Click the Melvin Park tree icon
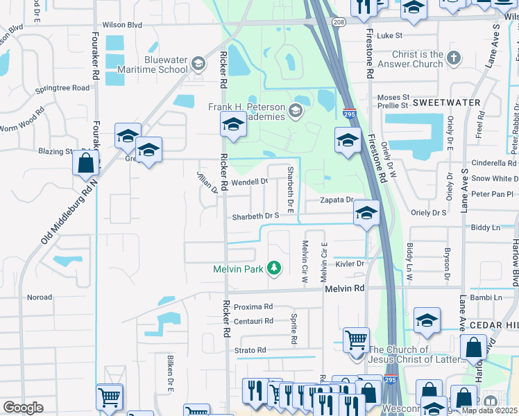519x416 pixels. [x=275, y=268]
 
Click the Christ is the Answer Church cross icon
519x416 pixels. [x=454, y=59]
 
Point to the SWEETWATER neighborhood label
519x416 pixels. [x=446, y=103]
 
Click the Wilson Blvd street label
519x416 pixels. [x=122, y=25]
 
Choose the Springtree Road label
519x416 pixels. [x=63, y=88]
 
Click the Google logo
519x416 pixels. [x=23, y=407]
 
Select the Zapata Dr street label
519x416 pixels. [x=337, y=200]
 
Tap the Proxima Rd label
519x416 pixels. [x=253, y=306]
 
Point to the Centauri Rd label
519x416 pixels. [x=253, y=321]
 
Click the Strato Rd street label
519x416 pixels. [x=250, y=350]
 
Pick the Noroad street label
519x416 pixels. [x=39, y=297]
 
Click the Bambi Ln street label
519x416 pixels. [x=486, y=297]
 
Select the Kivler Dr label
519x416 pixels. [x=350, y=263]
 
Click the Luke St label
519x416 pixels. [x=390, y=35]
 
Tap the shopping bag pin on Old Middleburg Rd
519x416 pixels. [x=86, y=164]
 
